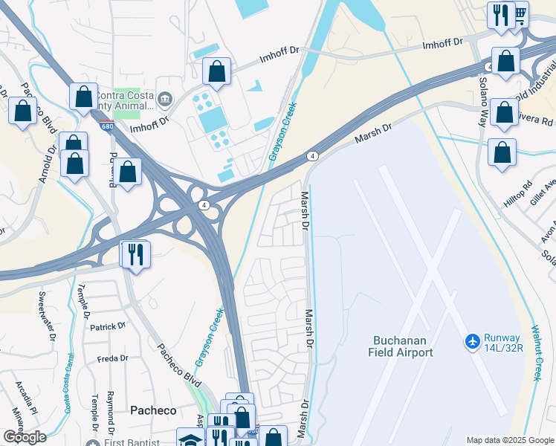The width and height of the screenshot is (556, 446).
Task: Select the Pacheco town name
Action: coord(153,410)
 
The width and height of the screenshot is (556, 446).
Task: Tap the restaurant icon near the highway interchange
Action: coord(135,255)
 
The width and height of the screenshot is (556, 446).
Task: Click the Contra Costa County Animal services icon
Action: coord(165,97)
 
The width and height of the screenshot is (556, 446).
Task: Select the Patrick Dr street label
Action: coord(109,326)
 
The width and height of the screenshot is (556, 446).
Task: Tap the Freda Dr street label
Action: coord(112,358)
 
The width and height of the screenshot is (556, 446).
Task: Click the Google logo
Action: coord(25,437)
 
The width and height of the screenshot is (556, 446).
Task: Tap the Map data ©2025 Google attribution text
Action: coord(510,440)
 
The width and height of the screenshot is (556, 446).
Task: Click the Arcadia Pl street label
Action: coord(28,398)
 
